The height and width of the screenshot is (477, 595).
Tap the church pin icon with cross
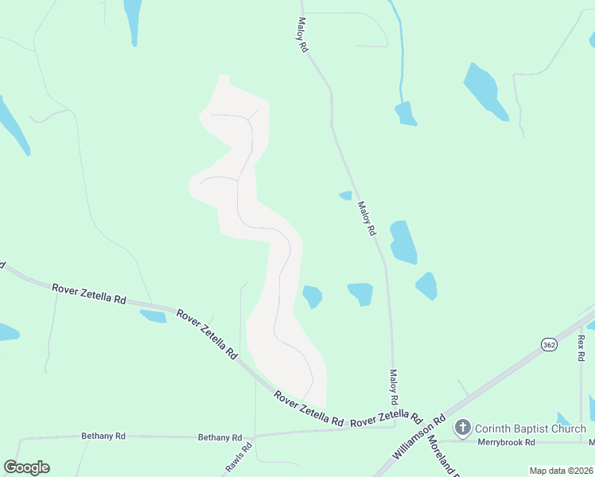coord(463,429)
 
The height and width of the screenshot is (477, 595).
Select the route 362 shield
coord(549,344)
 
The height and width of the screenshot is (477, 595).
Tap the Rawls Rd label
coord(247,454)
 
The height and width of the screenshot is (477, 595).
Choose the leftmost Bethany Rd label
coord(103,436)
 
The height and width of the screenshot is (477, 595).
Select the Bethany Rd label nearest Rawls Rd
coord(220,437)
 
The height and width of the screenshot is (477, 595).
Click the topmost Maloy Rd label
coord(303,36)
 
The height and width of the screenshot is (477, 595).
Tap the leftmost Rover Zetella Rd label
coord(89,294)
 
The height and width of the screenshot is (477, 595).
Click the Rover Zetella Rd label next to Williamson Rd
coord(386,418)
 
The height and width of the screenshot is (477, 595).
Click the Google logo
coord(26,467)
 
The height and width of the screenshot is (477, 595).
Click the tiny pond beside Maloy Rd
coord(345,195)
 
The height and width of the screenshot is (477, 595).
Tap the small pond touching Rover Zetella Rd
coord(154,316)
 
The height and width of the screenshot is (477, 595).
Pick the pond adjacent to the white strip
coord(313,297)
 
